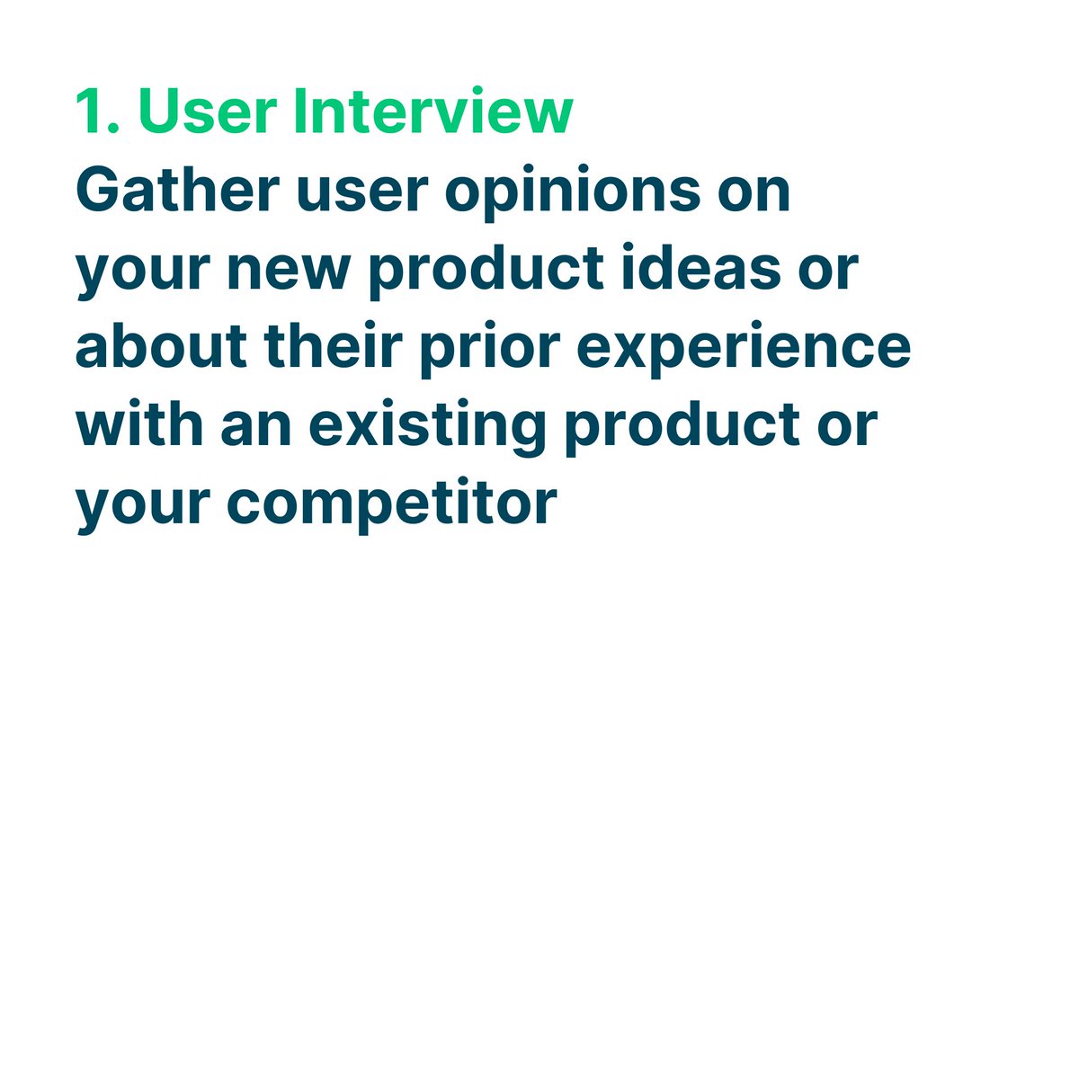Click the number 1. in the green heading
[x=96, y=112]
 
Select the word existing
[x=428, y=425]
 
